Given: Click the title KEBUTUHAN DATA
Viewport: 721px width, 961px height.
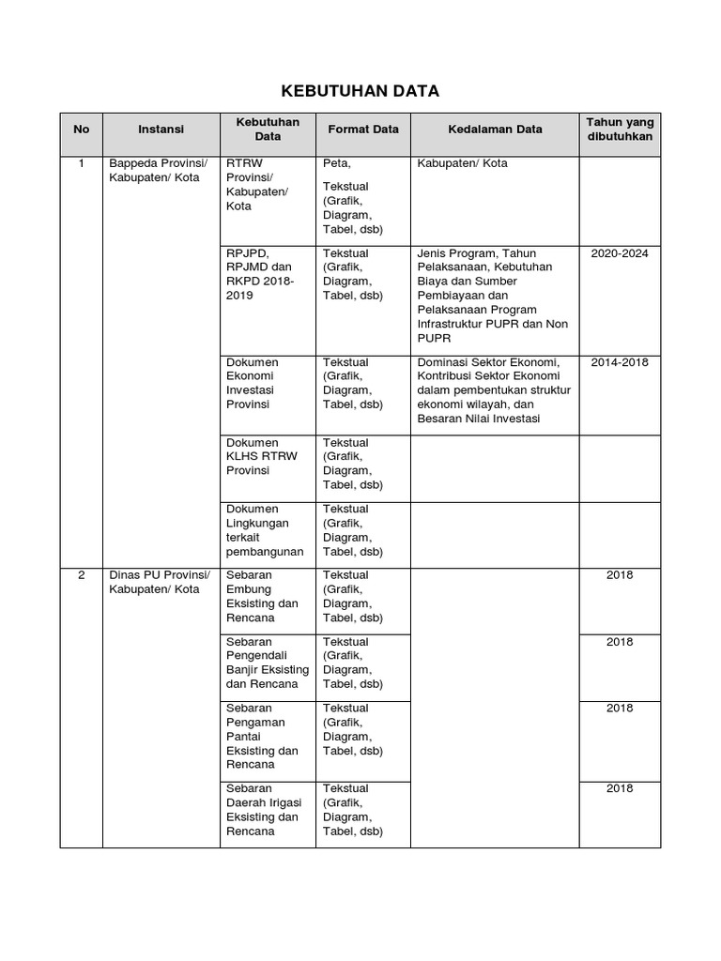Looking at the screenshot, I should tap(360, 90).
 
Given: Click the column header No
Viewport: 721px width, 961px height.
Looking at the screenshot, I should tap(81, 130).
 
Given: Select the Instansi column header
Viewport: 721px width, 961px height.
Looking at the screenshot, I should tap(161, 130).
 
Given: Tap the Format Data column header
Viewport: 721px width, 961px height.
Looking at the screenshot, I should tap(362, 130).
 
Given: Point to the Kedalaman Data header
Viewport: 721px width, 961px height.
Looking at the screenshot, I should tap(495, 130).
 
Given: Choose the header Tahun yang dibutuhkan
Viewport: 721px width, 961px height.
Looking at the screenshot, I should tap(620, 130).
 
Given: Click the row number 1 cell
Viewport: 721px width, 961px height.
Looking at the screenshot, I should tap(81, 163).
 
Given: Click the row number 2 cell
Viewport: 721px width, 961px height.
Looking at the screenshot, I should tap(81, 575).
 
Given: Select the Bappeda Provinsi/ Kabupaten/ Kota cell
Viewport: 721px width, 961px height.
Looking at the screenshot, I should tap(155, 171).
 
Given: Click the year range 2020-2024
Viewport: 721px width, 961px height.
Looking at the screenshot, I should tap(620, 253).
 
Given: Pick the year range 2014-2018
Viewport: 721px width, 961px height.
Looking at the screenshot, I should tap(620, 362).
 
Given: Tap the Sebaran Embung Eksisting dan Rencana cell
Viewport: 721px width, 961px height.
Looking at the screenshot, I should tap(263, 597).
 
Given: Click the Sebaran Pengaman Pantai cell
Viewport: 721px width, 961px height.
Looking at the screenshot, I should tap(263, 737).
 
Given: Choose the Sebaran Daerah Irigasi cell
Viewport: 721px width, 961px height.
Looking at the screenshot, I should tap(263, 810).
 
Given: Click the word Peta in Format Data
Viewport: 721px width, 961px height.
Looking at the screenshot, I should tap(336, 163).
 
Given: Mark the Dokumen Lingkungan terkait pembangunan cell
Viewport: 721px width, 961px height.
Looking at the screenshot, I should tap(265, 530).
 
